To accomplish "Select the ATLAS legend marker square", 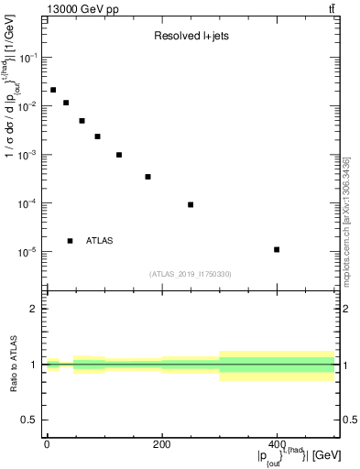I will (70, 241).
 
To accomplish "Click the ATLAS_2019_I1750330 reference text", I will (190, 273).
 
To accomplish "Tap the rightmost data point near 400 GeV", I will (277, 249).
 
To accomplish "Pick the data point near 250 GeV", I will (191, 204).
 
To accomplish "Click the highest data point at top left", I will (53, 90).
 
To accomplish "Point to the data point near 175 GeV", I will (147, 177).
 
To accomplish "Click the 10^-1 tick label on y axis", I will (32, 58).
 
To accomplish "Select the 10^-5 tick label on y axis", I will (32, 252).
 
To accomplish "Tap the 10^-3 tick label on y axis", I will (32, 155).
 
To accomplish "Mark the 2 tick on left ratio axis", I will (35, 309).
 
